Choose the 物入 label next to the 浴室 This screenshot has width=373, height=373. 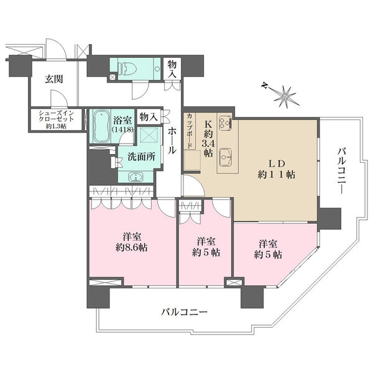click(148, 116)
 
